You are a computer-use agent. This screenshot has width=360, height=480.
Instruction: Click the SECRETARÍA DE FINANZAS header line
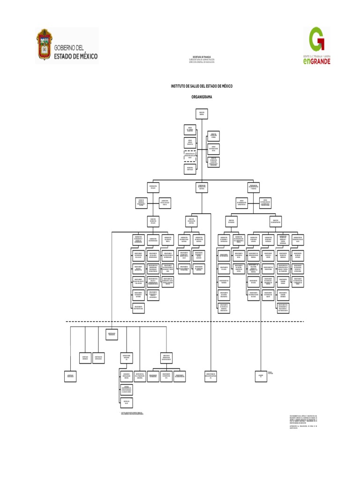pyautogui.click(x=202, y=56)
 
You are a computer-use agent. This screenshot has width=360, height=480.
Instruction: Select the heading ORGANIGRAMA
pyautogui.click(x=202, y=96)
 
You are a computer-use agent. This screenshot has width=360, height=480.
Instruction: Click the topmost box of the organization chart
pyautogui.click(x=202, y=113)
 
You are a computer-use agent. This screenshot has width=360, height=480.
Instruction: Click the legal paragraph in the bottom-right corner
pyautogui.click(x=305, y=420)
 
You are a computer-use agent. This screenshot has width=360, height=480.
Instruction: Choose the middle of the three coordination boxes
pyautogui.click(x=202, y=187)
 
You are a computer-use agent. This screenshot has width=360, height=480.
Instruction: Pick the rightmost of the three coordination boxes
pyautogui.click(x=254, y=187)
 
